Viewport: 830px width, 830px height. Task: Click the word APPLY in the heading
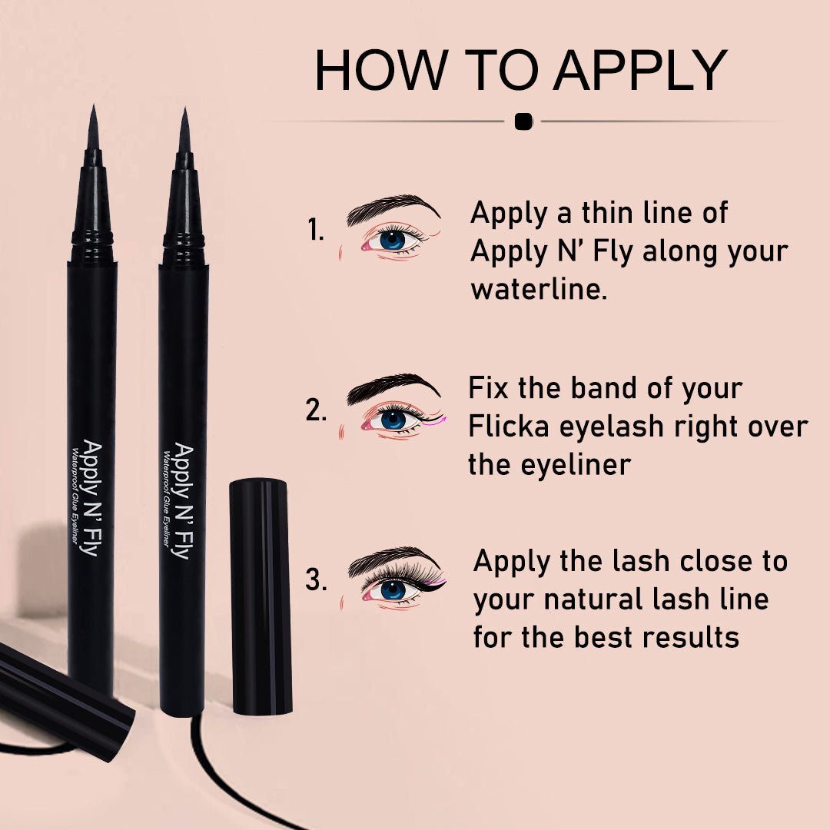tap(639, 71)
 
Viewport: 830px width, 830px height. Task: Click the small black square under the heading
tap(523, 121)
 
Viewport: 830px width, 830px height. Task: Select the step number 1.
tap(315, 230)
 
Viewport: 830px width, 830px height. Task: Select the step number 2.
tap(316, 411)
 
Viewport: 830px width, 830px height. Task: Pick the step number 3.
tap(316, 580)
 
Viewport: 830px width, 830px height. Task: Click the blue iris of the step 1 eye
tap(392, 239)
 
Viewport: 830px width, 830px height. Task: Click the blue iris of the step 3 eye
tap(393, 589)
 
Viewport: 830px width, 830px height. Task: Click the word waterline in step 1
tap(539, 290)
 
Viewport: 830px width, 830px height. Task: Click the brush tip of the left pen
tap(93, 131)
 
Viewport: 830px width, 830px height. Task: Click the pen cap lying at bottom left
tap(61, 699)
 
